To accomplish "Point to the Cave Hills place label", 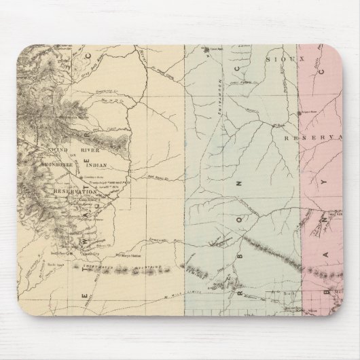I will click(x=217, y=49).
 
